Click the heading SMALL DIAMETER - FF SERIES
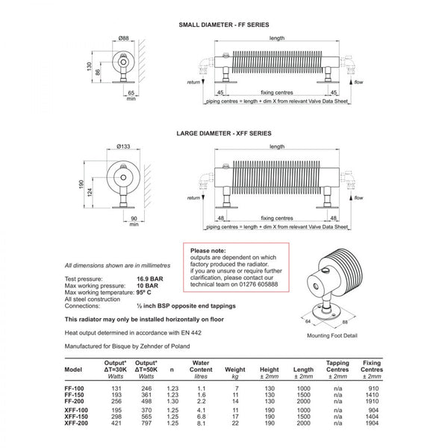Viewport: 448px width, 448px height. pyautogui.click(x=223, y=25)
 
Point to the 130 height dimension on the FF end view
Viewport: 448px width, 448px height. pyautogui.click(x=87, y=69)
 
